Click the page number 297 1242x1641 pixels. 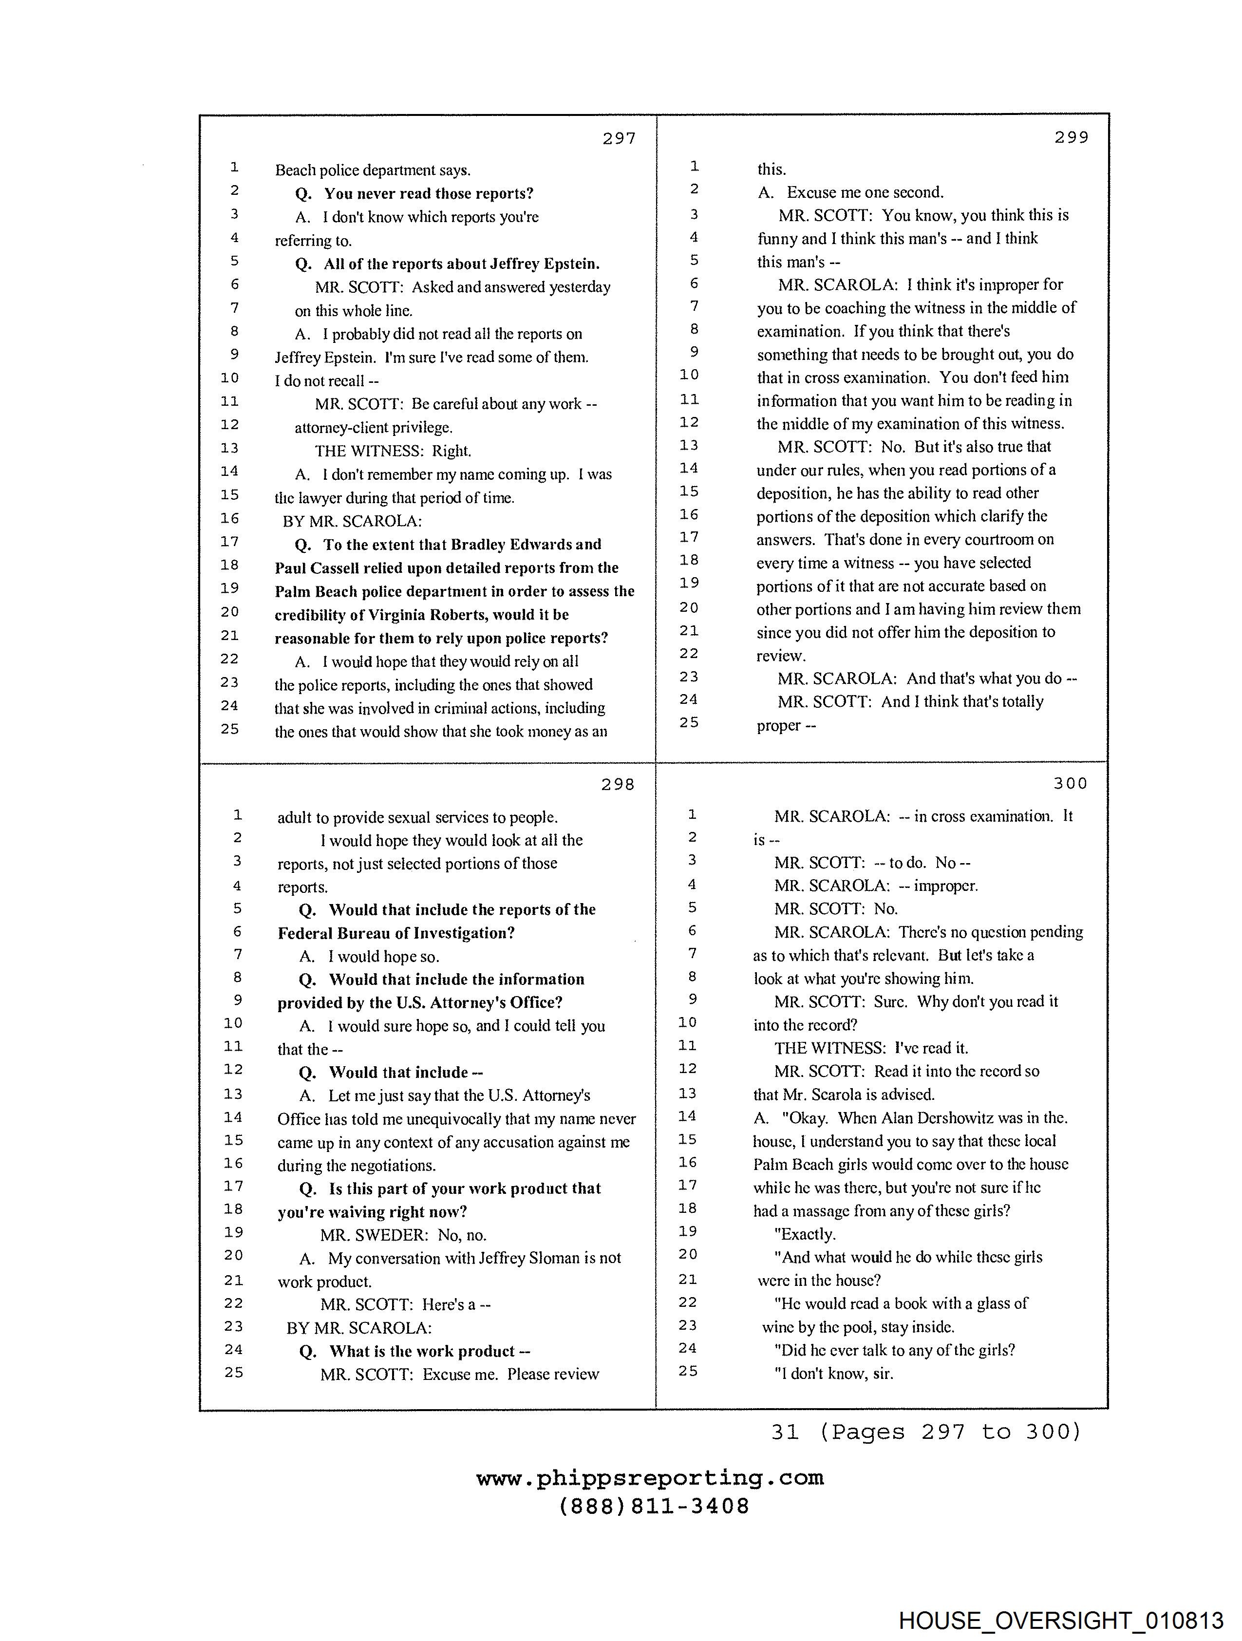[619, 138]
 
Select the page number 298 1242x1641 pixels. [617, 784]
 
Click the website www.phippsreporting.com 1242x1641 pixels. [650, 1478]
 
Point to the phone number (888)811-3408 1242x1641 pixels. [654, 1507]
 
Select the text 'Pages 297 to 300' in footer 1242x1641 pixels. [950, 1431]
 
